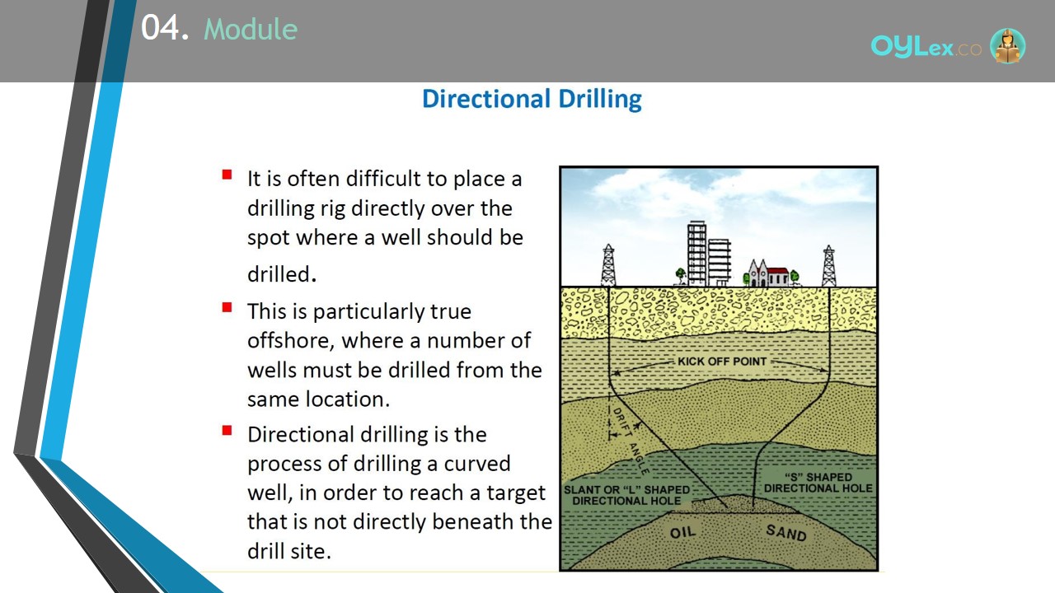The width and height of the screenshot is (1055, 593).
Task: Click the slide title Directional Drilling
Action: (532, 100)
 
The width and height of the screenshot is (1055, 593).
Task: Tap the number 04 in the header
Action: (160, 27)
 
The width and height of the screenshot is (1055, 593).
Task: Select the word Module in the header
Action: (251, 29)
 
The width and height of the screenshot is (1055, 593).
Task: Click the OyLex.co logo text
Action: (926, 46)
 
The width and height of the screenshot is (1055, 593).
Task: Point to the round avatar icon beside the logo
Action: (1007, 45)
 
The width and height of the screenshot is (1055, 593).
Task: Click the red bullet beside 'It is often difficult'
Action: (227, 175)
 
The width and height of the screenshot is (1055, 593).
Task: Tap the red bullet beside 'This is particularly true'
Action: (227, 307)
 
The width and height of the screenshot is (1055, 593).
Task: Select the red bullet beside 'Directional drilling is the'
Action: (227, 431)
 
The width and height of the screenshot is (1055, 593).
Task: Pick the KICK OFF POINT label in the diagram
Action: (722, 362)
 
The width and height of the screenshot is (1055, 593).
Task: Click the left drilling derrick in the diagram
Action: (608, 265)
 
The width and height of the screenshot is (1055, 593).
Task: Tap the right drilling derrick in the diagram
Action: (828, 265)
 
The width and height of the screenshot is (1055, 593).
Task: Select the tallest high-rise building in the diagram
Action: (696, 254)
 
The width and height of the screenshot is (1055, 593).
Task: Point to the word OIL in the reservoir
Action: (682, 532)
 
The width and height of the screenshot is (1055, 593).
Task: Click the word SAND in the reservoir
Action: (786, 532)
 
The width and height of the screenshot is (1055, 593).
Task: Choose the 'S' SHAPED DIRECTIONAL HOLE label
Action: (818, 483)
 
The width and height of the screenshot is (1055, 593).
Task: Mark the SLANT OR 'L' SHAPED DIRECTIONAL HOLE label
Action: (627, 495)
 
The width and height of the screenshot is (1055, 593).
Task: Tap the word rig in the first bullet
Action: (333, 209)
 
